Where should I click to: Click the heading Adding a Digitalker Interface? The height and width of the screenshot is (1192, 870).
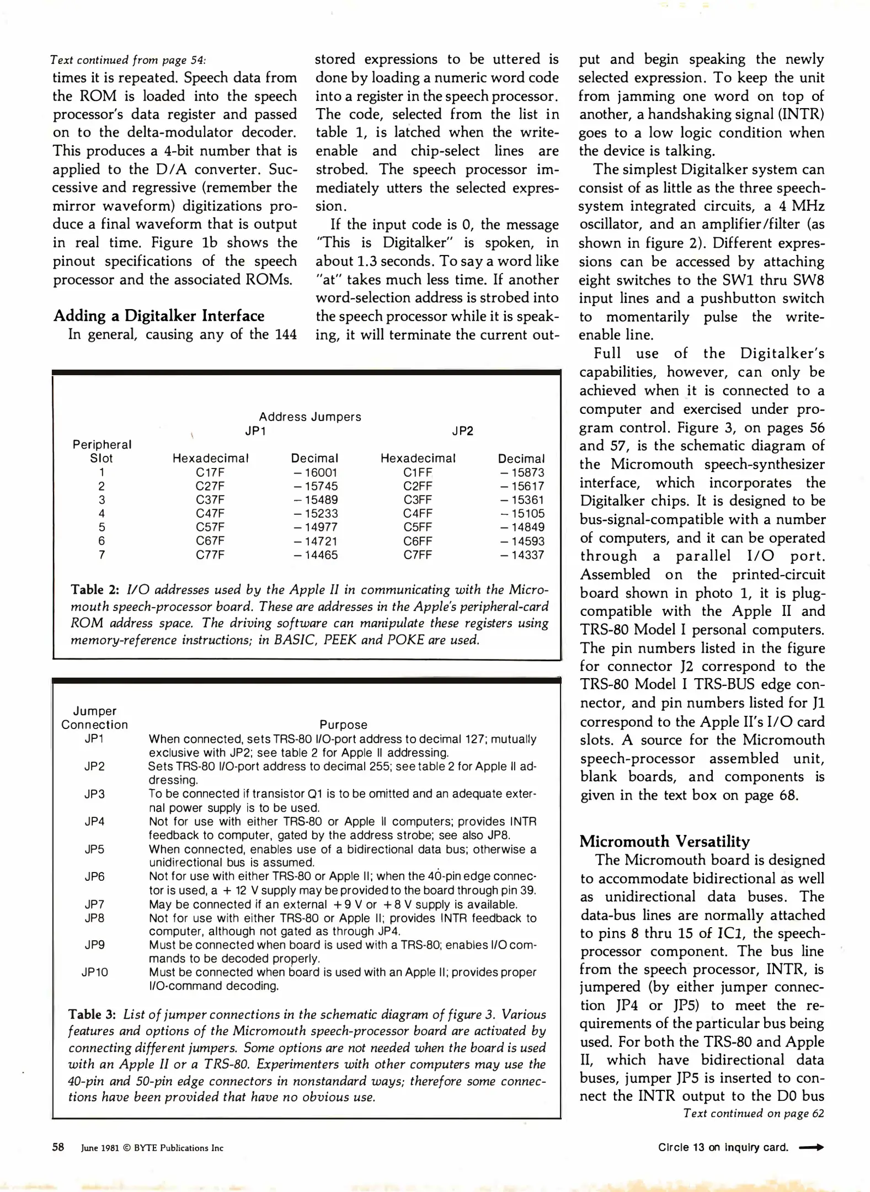pos(159,316)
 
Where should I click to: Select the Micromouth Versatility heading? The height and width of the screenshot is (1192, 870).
pos(665,842)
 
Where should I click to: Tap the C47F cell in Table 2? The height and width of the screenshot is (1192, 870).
pos(210,514)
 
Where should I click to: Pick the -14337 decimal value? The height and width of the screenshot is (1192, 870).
pos(522,555)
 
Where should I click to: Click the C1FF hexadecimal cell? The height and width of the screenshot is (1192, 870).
pos(418,473)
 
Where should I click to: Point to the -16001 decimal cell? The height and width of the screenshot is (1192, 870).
pos(315,473)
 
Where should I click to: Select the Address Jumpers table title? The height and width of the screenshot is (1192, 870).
pos(310,417)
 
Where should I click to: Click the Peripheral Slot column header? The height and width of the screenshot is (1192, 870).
pos(102,451)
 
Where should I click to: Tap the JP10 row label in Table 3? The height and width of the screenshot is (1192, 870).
pos(95,972)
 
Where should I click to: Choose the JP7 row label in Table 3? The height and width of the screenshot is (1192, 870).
pos(95,904)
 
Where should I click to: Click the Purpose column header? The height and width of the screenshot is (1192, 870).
pos(343,725)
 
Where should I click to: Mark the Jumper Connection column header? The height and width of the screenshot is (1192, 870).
pos(95,718)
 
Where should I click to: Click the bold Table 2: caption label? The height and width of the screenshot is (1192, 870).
pos(95,590)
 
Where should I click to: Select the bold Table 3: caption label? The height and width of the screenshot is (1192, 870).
pos(92,1015)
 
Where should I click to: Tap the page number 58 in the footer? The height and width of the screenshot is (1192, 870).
pos(58,1147)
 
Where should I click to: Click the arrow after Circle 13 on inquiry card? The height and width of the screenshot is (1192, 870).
pos(812,1147)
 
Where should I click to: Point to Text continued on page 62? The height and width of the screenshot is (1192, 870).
pos(753,1114)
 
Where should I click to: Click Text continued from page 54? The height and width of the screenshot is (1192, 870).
pos(128,60)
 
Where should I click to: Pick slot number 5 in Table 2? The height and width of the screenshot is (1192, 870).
pos(102,528)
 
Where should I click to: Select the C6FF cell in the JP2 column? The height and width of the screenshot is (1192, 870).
pos(418,541)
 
